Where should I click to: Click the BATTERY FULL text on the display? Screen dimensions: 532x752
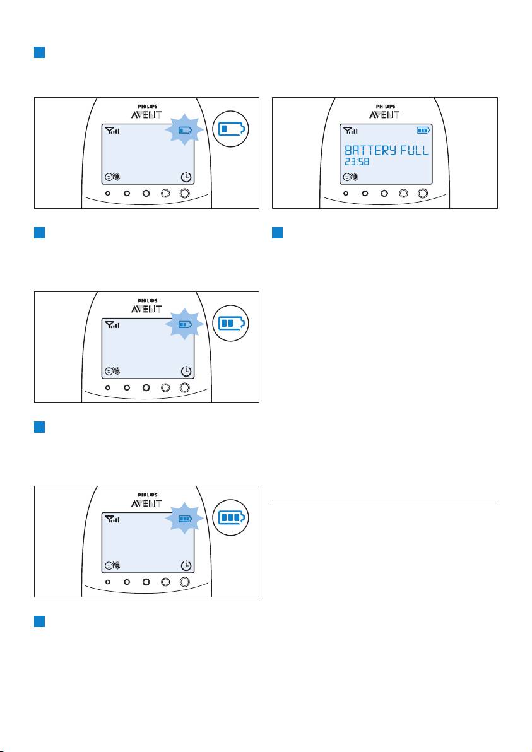(387, 150)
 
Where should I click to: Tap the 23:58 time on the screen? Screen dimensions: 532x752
(357, 162)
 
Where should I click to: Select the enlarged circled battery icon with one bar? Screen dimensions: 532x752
(231, 129)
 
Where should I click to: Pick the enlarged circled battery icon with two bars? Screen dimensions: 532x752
(231, 323)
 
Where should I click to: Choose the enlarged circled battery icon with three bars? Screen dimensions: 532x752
(231, 517)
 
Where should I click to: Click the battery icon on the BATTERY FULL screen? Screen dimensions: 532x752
(423, 130)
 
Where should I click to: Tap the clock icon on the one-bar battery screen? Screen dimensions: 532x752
(186, 177)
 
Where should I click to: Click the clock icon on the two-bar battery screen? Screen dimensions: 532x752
(186, 371)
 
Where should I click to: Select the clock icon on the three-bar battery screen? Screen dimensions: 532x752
(186, 565)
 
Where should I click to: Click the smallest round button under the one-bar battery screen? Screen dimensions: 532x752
(107, 194)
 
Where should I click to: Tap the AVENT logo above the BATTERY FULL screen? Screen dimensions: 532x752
(384, 115)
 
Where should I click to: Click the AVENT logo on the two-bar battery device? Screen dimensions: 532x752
(146, 309)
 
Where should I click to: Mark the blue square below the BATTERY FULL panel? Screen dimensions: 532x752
(277, 233)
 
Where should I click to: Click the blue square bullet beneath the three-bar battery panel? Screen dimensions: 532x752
(39, 621)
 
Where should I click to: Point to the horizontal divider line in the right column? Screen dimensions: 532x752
(384, 500)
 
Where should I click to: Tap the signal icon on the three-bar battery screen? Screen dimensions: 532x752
(112, 519)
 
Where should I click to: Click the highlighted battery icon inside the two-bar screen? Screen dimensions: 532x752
(185, 324)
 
